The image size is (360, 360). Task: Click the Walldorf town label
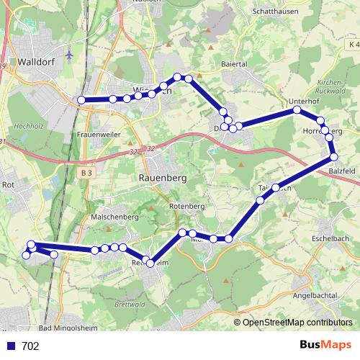37,62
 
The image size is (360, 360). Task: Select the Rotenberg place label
187,207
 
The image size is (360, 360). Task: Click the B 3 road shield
86,173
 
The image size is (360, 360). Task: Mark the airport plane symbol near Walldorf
69,54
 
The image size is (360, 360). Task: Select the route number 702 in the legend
30,346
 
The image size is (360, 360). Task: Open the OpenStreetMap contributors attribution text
297,323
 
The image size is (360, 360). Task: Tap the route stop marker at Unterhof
297,110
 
